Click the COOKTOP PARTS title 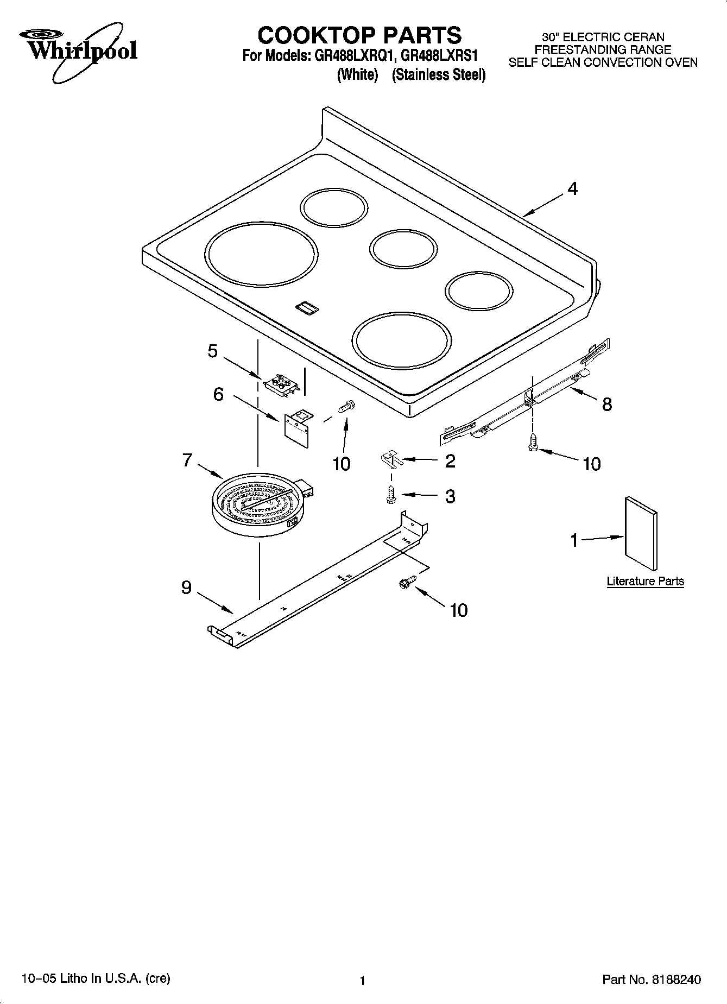(x=359, y=35)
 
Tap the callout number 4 (x=572, y=189)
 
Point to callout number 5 (x=213, y=351)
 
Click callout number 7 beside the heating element (x=187, y=460)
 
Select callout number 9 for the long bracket (x=186, y=588)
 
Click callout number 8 (x=606, y=404)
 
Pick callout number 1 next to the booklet (x=574, y=541)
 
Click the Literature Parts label (x=645, y=581)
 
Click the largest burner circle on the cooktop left (x=261, y=254)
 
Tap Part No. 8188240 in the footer (x=651, y=980)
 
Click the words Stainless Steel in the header (x=439, y=75)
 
